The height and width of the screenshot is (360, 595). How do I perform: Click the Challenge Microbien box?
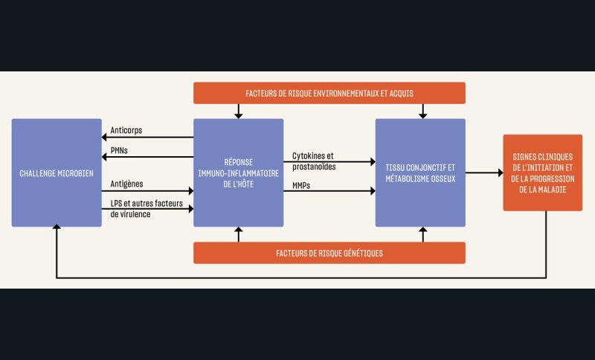click(x=57, y=173)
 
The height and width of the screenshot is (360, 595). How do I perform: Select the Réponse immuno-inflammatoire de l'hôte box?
click(x=238, y=173)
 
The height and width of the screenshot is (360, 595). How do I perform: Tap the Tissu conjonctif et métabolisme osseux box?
click(x=420, y=173)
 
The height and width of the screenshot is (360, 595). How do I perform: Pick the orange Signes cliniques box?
click(x=542, y=173)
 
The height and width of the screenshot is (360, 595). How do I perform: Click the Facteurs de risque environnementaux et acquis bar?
click(x=329, y=93)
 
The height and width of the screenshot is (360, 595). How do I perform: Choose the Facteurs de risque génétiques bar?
click(x=329, y=253)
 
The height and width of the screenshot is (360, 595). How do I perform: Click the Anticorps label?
click(x=126, y=130)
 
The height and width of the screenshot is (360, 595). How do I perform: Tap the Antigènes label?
click(x=127, y=184)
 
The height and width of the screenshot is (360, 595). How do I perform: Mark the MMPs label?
click(x=302, y=184)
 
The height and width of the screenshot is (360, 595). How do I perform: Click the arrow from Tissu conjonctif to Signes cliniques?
click(x=484, y=173)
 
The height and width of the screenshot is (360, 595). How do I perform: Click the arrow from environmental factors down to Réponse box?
click(x=238, y=112)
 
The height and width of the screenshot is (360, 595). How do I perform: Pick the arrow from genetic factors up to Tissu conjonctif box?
click(x=423, y=234)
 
